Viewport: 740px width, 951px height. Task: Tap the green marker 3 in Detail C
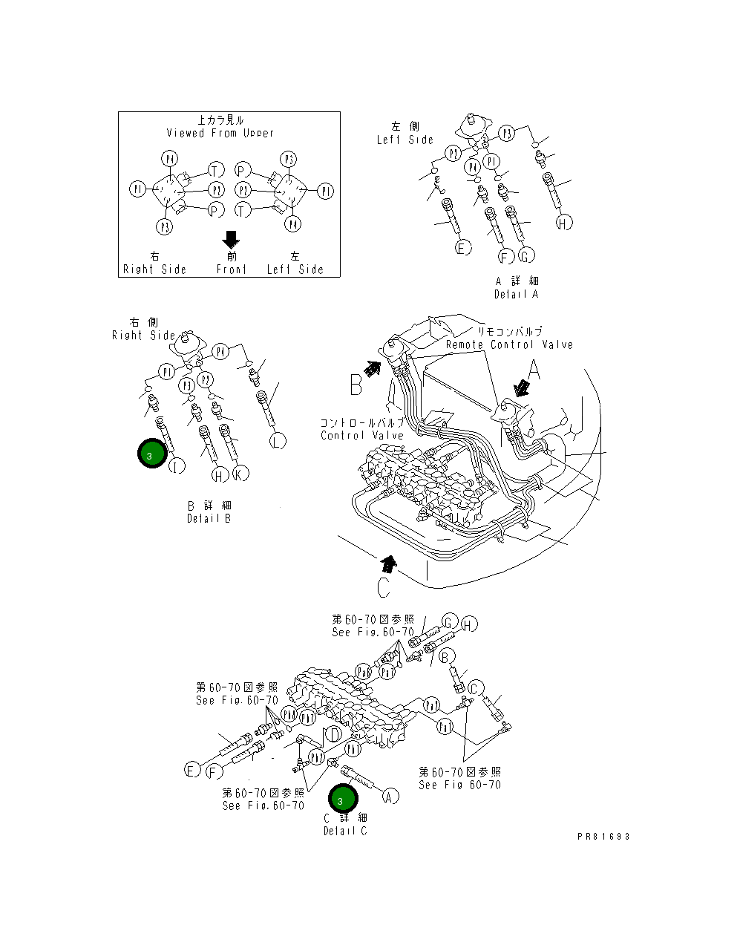(343, 800)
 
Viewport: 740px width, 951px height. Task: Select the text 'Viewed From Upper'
(220, 133)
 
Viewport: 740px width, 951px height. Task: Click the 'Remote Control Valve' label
(509, 344)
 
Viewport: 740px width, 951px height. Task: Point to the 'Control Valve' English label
(362, 435)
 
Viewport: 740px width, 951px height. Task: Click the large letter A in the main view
(533, 368)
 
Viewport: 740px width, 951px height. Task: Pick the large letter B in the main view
(356, 385)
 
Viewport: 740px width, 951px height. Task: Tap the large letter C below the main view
(383, 587)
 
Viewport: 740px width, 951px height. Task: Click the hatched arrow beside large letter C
(389, 562)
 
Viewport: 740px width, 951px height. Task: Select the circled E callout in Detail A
(462, 248)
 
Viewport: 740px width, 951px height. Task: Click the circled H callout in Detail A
(564, 222)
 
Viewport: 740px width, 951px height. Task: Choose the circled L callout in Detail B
(277, 441)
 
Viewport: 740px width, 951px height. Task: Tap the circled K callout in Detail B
(240, 473)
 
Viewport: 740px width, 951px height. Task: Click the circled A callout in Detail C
(390, 797)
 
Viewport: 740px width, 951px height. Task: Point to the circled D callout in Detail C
(335, 735)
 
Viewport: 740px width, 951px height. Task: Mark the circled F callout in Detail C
(214, 772)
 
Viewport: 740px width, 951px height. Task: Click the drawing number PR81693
(603, 836)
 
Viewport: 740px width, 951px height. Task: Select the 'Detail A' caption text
(517, 294)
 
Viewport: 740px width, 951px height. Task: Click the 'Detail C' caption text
(345, 831)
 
